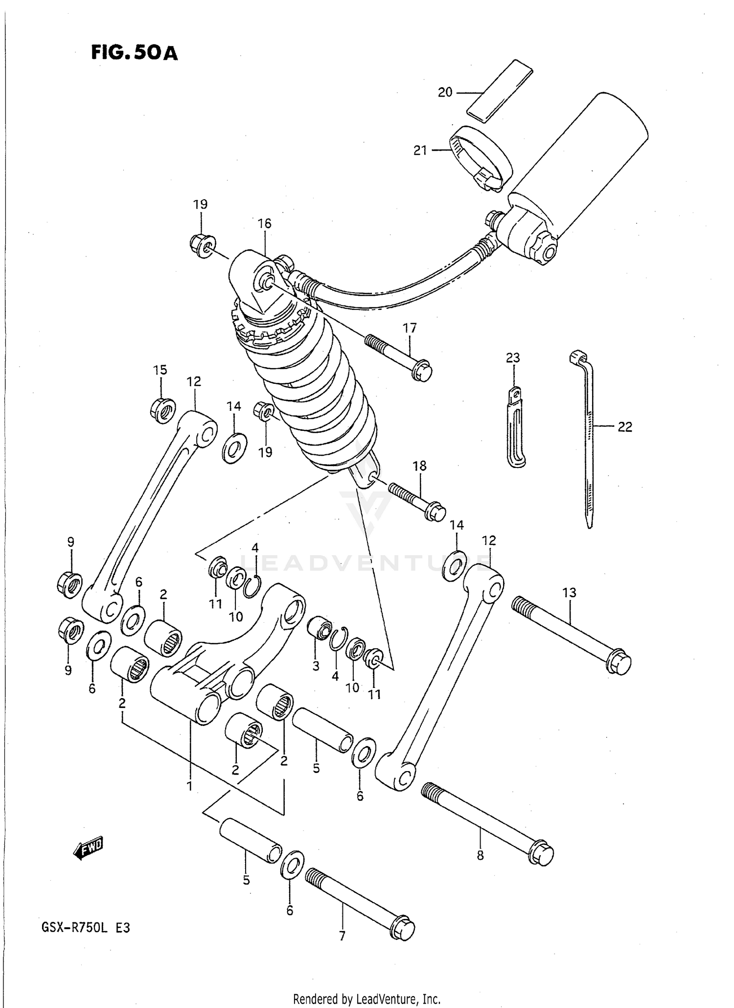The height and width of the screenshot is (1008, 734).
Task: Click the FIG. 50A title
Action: click(x=134, y=52)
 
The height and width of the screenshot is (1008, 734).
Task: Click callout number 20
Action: click(x=445, y=92)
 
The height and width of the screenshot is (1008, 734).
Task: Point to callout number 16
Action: click(x=264, y=224)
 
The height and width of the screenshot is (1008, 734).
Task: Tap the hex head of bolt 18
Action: click(x=435, y=513)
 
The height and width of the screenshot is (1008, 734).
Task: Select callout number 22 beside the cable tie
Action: click(x=625, y=427)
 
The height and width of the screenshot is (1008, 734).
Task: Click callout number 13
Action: click(x=569, y=593)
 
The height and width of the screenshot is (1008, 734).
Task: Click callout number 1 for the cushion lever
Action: click(x=189, y=787)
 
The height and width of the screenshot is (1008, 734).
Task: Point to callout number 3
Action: click(x=316, y=666)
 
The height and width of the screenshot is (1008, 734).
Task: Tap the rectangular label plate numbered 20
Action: click(x=499, y=89)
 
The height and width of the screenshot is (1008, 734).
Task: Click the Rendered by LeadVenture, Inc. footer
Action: click(x=367, y=999)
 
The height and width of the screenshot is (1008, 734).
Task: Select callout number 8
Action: click(x=480, y=856)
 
